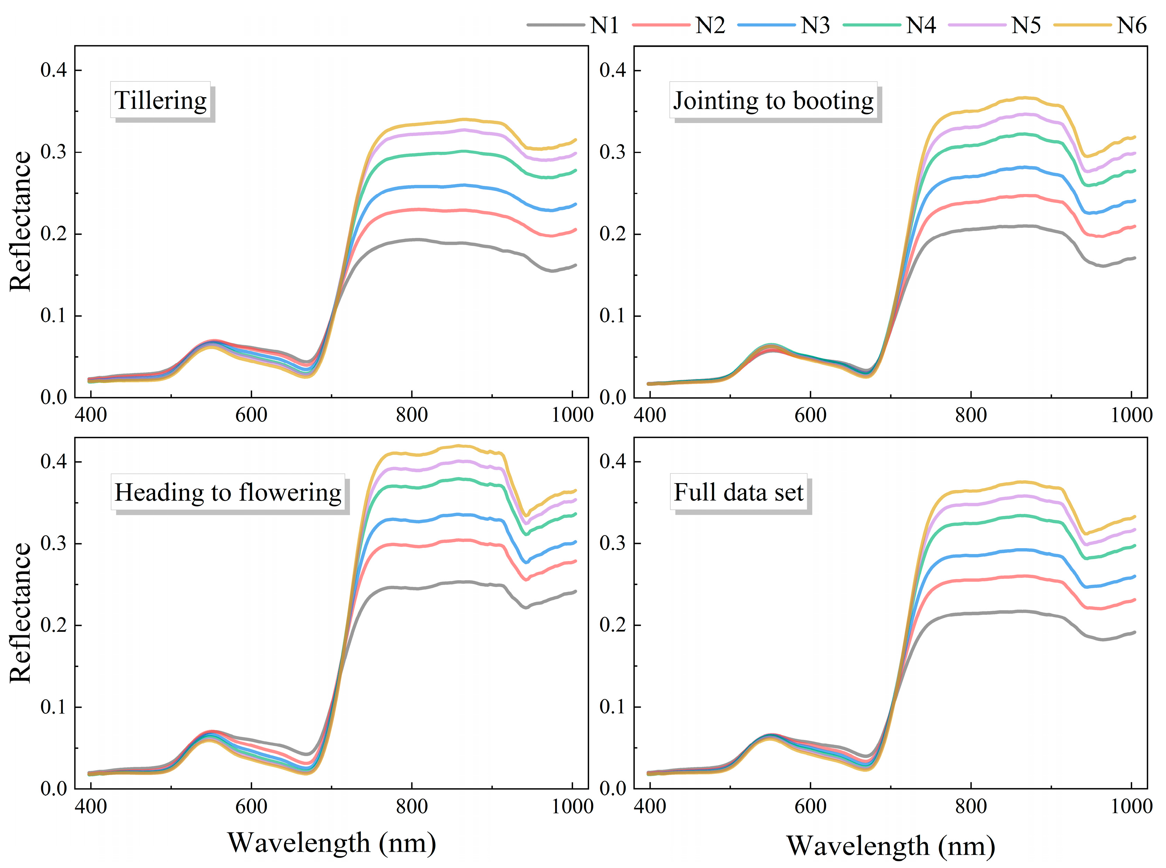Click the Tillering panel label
pos(160,100)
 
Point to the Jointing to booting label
pos(773,100)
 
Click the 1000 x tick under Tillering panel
pos(572,415)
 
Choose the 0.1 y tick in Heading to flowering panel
pos(54,707)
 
